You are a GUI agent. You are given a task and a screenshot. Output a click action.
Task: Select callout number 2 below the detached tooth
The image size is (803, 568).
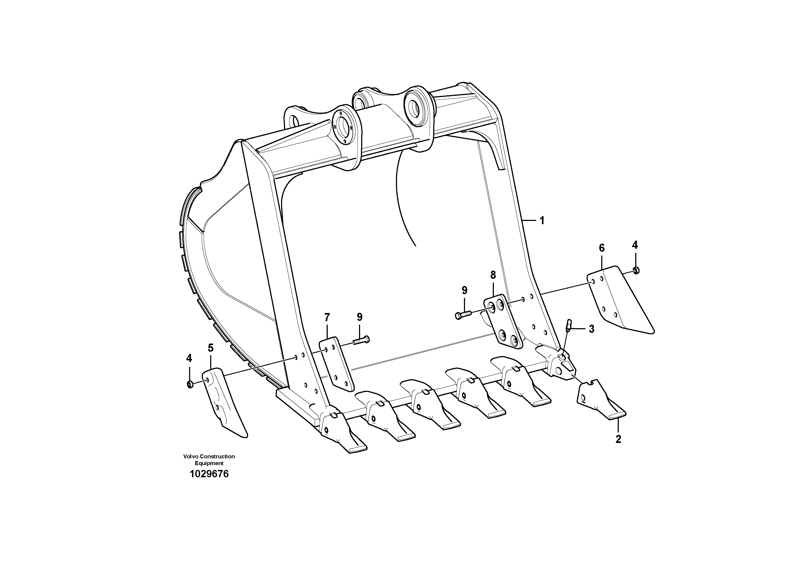coord(618,439)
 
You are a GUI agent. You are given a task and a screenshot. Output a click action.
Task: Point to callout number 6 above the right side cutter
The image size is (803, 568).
coord(602,248)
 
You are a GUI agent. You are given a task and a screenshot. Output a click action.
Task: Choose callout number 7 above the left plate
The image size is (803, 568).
coord(327,318)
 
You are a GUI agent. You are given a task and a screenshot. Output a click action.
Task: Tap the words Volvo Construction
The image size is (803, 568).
coord(209,456)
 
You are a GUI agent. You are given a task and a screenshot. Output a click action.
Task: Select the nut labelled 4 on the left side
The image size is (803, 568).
coord(190,385)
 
